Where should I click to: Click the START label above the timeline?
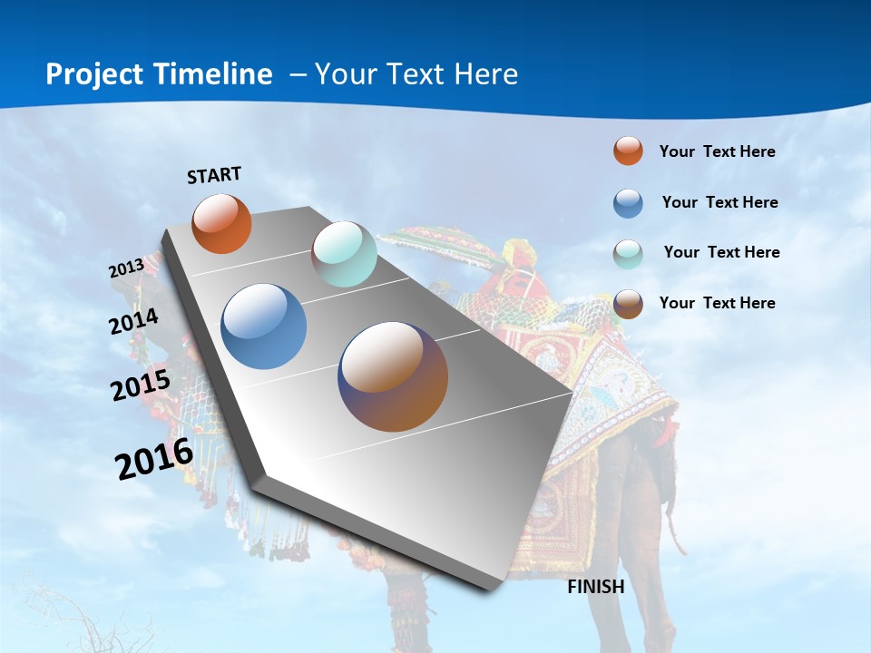[214, 175]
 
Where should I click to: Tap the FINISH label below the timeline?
[596, 587]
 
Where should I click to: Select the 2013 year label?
[126, 268]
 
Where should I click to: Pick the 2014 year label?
[134, 321]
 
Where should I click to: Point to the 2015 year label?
[141, 385]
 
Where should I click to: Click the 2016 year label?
[154, 458]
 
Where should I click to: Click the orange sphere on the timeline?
[221, 223]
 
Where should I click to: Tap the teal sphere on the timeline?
[344, 254]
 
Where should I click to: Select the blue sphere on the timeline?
[264, 326]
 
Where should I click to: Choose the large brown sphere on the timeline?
[393, 376]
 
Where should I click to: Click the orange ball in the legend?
[628, 151]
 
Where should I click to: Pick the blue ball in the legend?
[628, 203]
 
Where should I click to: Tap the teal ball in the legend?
[628, 254]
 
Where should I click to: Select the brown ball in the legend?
[628, 304]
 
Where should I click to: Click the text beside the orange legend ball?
[717, 151]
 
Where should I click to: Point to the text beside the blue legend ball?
[719, 202]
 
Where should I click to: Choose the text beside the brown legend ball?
[717, 303]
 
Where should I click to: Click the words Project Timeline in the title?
[159, 74]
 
